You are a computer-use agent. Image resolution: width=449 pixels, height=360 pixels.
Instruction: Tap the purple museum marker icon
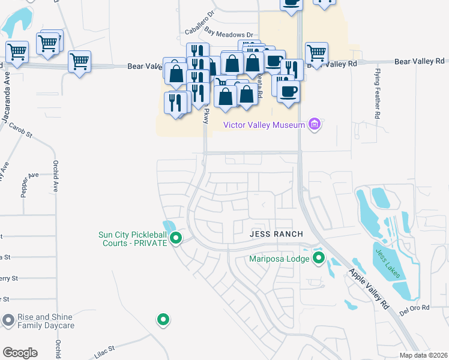313,125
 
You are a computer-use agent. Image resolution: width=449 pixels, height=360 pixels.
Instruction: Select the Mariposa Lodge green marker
319,259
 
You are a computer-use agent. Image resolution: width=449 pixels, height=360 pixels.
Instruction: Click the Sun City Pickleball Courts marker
176,239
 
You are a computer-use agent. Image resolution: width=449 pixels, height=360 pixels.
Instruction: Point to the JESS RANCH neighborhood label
276,233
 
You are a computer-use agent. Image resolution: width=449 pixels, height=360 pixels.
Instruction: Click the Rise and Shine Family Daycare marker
8,321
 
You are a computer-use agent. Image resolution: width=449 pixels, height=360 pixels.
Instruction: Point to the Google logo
20,353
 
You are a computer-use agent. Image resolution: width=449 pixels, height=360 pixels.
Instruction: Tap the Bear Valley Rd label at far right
420,61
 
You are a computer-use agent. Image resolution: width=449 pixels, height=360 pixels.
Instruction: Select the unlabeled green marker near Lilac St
163,320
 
